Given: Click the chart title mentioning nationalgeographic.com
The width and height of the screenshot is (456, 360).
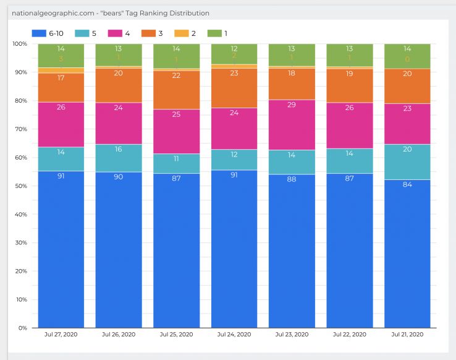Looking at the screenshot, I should pyautogui.click(x=111, y=13).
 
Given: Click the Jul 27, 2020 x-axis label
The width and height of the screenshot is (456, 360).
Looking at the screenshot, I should pyautogui.click(x=61, y=334).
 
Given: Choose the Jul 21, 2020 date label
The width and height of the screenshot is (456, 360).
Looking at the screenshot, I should pyautogui.click(x=407, y=334).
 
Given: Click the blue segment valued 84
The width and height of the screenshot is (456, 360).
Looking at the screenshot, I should pyautogui.click(x=407, y=254).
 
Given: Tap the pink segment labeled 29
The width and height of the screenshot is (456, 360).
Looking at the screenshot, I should pyautogui.click(x=292, y=124).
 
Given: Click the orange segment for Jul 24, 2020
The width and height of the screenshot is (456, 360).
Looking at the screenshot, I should pyautogui.click(x=234, y=88).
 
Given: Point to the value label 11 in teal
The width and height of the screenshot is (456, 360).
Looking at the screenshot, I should pyautogui.click(x=176, y=158).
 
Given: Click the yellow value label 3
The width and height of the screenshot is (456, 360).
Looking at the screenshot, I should pyautogui.click(x=61, y=59).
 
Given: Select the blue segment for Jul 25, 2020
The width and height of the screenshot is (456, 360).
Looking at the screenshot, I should pyautogui.click(x=176, y=251).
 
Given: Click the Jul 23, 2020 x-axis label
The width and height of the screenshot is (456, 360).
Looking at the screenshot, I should pyautogui.click(x=292, y=334).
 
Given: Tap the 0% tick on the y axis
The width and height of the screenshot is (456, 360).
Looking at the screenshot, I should pyautogui.click(x=22, y=328).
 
